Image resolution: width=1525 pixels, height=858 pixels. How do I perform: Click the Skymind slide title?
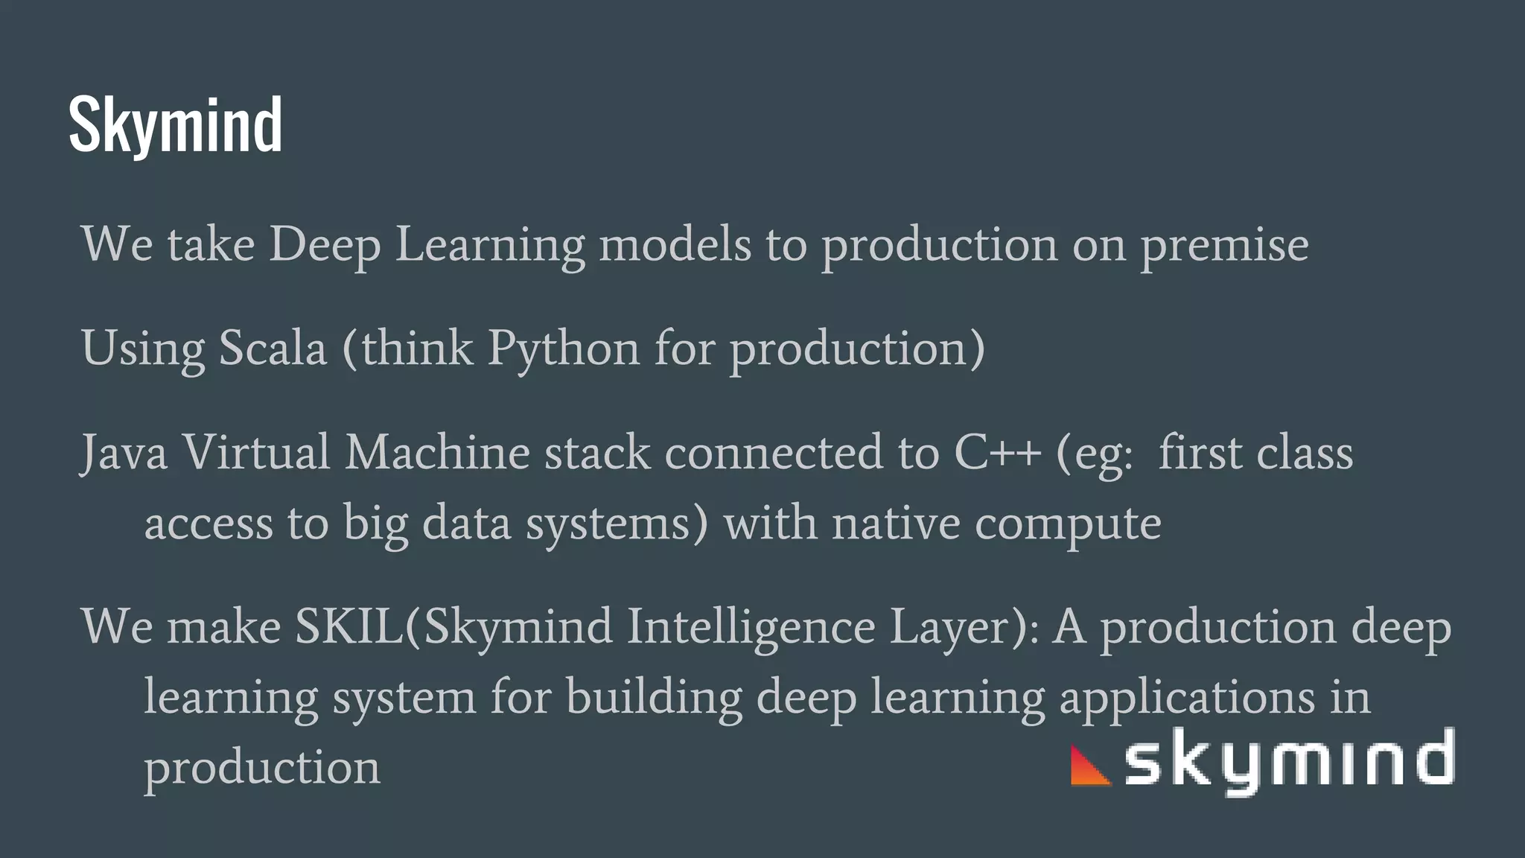[175, 125]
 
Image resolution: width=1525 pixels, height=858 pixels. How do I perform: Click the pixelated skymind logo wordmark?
[1288, 761]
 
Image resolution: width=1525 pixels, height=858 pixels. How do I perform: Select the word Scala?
[273, 348]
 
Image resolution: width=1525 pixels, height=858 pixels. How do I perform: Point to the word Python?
[564, 349]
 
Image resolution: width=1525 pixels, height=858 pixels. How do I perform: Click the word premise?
[1224, 245]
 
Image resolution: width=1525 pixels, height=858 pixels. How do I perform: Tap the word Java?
[124, 454]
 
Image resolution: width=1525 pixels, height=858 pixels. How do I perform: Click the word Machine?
[437, 452]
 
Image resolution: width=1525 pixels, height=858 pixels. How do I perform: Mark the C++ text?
[997, 452]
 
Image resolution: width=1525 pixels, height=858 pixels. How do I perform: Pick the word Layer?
[956, 627]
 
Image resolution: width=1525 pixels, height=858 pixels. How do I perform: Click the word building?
[654, 698]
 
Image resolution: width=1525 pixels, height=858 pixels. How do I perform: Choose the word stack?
[597, 452]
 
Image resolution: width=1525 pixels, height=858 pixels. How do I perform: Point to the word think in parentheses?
[418, 348]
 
